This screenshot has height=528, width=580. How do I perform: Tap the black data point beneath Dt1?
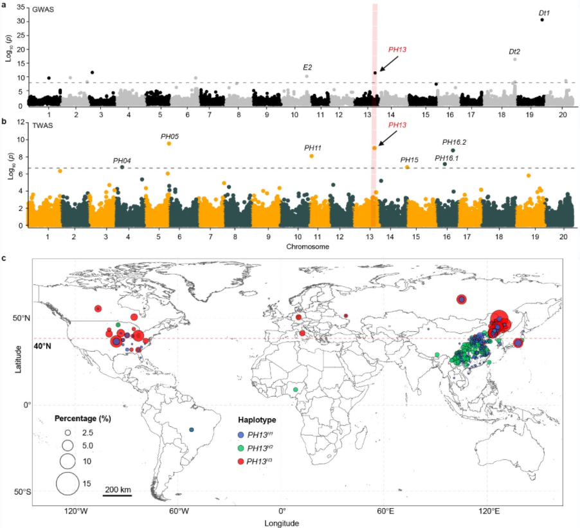(x=542, y=20)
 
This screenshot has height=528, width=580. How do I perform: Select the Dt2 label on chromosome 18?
(x=514, y=51)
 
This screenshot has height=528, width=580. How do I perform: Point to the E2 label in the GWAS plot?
(x=307, y=68)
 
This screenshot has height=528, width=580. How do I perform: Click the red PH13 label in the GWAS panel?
(x=397, y=50)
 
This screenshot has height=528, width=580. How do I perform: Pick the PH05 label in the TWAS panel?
(x=170, y=136)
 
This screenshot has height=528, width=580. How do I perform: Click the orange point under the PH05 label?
(x=169, y=143)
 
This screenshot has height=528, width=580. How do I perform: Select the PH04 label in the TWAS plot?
(x=122, y=160)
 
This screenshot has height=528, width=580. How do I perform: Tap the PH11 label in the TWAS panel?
(x=313, y=148)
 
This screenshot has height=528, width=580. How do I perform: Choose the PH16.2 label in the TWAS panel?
(x=454, y=142)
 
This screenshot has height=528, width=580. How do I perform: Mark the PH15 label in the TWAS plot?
(x=410, y=159)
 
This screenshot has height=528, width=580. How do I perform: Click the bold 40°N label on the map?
(x=42, y=346)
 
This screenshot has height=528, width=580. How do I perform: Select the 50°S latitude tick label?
(x=23, y=491)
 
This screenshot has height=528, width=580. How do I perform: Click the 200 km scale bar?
(x=118, y=495)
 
